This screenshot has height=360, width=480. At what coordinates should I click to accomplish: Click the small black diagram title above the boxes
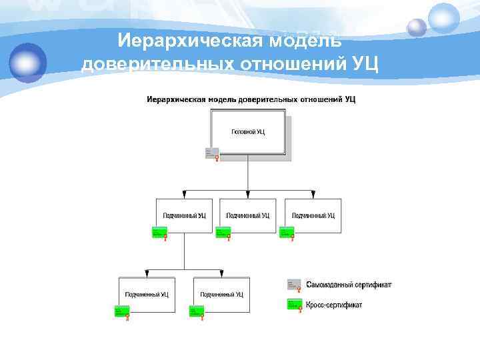click(251, 99)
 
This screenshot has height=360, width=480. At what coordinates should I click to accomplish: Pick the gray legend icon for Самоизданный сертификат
click(294, 285)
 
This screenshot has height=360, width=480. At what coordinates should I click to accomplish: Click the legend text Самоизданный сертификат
click(349, 285)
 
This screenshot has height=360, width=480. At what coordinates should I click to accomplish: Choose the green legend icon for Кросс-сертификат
click(294, 304)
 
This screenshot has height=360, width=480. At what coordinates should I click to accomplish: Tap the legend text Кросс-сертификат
click(334, 305)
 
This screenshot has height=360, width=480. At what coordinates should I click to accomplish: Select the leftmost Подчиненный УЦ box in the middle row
click(185, 215)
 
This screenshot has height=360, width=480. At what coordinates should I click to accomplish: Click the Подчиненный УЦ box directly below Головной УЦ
click(248, 215)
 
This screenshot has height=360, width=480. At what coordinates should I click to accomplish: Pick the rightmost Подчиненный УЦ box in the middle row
click(313, 215)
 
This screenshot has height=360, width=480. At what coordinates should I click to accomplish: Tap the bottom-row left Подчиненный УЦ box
click(147, 294)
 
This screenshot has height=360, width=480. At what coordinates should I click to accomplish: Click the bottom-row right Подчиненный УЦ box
click(222, 294)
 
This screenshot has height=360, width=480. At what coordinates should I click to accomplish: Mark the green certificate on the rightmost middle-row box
click(287, 232)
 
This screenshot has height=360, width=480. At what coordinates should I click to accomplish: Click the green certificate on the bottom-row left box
click(122, 311)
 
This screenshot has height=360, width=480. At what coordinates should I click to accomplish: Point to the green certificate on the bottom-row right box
click(197, 311)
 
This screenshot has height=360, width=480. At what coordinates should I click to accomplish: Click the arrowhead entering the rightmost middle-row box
click(313, 195)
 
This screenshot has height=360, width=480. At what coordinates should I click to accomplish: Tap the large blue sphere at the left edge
click(27, 63)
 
